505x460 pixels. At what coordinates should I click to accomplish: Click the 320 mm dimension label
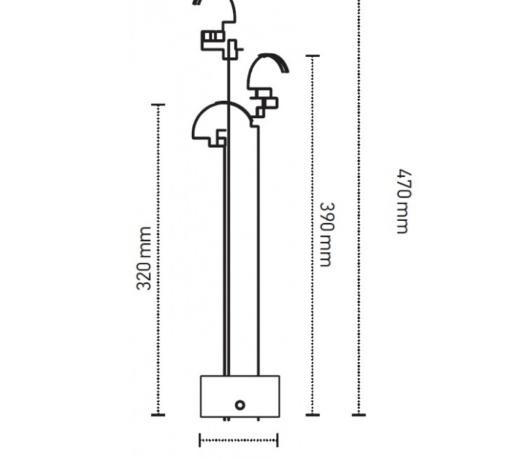click(x=144, y=258)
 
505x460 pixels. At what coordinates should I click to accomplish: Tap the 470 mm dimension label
click(x=404, y=201)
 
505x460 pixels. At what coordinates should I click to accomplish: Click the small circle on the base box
click(x=240, y=405)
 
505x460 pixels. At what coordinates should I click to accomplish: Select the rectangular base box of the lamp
click(x=240, y=396)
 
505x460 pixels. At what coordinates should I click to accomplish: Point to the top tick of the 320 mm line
click(x=158, y=104)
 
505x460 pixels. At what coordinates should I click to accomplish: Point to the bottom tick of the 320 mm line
click(x=158, y=415)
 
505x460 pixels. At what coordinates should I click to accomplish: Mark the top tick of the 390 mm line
click(x=313, y=56)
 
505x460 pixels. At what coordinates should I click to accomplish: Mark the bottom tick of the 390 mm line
click(x=313, y=415)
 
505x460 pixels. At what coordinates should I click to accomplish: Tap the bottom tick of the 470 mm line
click(x=359, y=415)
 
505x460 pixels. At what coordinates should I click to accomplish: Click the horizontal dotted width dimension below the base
click(x=239, y=440)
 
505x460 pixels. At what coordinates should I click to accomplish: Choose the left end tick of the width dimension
click(x=200, y=440)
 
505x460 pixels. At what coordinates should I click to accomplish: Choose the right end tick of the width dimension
click(x=277, y=440)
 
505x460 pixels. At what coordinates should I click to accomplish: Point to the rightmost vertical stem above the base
click(x=258, y=251)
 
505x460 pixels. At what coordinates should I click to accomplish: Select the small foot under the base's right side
click(x=258, y=419)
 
